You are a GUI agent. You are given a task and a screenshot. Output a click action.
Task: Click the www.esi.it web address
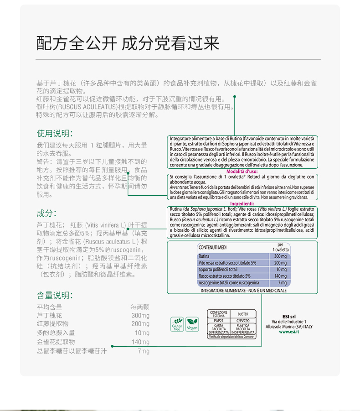tap(289, 332)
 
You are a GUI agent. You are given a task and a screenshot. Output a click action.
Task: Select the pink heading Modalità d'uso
tap(242, 171)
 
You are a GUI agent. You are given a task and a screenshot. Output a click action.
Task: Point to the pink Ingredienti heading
tap(242, 203)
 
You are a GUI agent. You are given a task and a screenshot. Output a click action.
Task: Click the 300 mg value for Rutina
tap(281, 256)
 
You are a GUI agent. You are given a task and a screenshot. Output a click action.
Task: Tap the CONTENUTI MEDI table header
tap(213, 247)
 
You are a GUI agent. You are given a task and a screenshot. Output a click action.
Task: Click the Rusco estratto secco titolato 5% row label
tap(224, 276)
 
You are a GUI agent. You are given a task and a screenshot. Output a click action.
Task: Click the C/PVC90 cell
tap(243, 321)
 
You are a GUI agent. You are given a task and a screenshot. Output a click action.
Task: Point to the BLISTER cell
tap(243, 314)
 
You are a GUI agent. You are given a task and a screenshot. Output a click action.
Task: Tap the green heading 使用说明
tap(54, 133)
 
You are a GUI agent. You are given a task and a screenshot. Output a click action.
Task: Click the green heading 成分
tap(46, 213)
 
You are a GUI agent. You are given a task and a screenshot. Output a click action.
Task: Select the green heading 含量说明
tap(54, 295)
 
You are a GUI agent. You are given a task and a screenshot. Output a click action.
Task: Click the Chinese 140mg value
tap(140, 342)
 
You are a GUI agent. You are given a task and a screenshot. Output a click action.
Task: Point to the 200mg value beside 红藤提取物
tap(140, 324)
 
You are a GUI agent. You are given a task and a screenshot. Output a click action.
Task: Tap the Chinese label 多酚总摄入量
tap(56, 333)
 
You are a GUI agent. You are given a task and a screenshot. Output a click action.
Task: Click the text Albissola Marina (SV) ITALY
tap(289, 327)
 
